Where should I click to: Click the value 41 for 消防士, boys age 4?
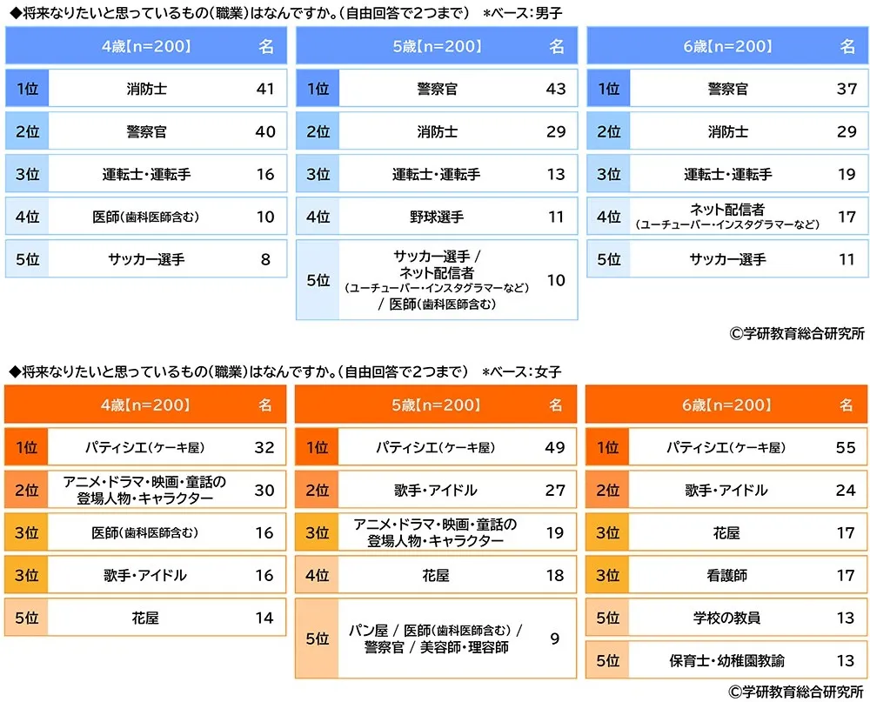point(265,89)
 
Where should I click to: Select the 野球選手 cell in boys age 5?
point(437,217)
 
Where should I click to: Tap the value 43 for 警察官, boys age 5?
point(555,89)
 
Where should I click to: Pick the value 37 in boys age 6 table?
point(847,89)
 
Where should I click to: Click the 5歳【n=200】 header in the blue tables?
point(437,47)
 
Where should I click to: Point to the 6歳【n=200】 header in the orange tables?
point(727,405)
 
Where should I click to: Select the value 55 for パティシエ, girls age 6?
point(846,447)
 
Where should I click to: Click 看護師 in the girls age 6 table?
point(727,575)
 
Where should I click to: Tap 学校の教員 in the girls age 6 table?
point(727,618)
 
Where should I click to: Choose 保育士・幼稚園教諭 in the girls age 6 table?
point(727,659)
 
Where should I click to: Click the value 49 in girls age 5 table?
point(555,447)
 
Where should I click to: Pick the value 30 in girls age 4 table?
point(264,490)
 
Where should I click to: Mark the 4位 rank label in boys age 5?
point(318,217)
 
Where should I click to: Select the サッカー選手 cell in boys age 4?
point(146,259)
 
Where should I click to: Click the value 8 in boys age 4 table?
point(265,259)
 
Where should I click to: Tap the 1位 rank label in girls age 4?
point(27,447)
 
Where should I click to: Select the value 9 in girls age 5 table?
point(555,638)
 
